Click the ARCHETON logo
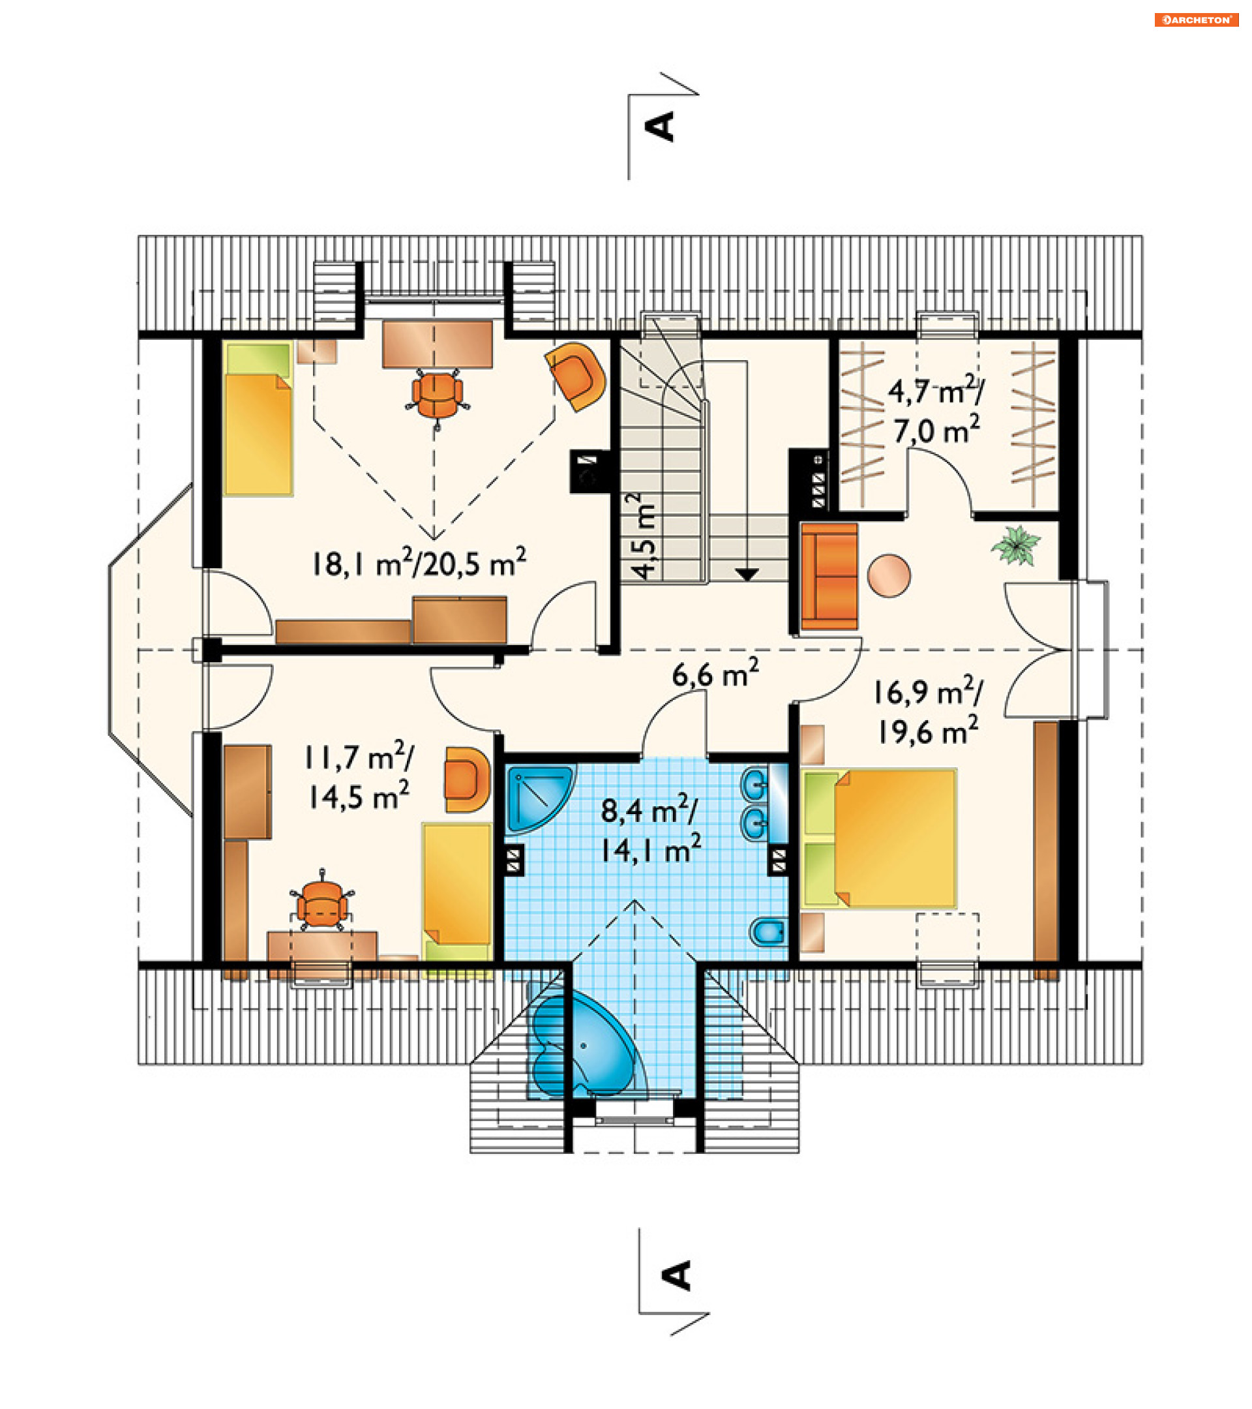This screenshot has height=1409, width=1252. click(x=1196, y=20)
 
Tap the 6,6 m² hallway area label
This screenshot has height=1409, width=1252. click(x=715, y=673)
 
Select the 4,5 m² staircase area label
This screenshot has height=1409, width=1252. click(x=644, y=536)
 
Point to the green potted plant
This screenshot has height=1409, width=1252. click(x=1016, y=545)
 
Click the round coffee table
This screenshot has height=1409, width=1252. click(x=889, y=575)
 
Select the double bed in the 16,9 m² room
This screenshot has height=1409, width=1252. click(x=880, y=838)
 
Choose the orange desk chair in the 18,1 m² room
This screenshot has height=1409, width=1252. click(x=436, y=397)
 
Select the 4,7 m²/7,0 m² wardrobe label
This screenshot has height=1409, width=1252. click(x=936, y=412)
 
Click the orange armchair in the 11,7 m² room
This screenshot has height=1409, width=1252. click(x=467, y=779)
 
